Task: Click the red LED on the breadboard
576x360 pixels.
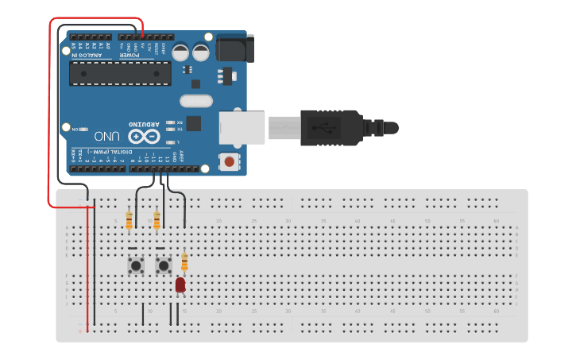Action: pyautogui.click(x=180, y=285)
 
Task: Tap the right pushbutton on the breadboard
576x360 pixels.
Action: pyautogui.click(x=164, y=265)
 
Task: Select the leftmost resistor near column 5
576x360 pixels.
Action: pyautogui.click(x=130, y=220)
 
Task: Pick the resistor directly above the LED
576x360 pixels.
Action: pyautogui.click(x=184, y=261)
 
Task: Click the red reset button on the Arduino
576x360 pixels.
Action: pyautogui.click(x=229, y=162)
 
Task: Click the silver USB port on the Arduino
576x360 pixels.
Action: pyautogui.click(x=242, y=127)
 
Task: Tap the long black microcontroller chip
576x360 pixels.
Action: pyautogui.click(x=120, y=73)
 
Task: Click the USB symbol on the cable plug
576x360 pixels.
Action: pyautogui.click(x=325, y=126)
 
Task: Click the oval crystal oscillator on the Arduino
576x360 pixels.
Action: pyautogui.click(x=196, y=101)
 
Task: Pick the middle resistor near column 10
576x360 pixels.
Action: pyautogui.click(x=157, y=219)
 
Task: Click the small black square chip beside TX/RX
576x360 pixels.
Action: pyautogui.click(x=195, y=123)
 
